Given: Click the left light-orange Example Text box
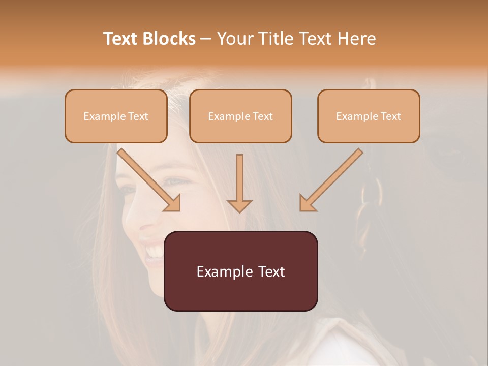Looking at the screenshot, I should click(116, 116).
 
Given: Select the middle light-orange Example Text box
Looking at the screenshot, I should click(240, 116).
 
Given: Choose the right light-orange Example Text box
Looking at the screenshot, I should click(369, 116).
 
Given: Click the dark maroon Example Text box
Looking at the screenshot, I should click(241, 271).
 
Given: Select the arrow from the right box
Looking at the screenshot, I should click(333, 178).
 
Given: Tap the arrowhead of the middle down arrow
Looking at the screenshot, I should click(239, 205).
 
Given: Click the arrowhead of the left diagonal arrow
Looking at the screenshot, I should click(173, 203).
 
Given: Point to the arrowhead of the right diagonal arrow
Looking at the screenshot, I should click(307, 203).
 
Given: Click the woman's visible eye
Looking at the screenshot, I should click(176, 181).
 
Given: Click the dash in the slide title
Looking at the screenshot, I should click(206, 39).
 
